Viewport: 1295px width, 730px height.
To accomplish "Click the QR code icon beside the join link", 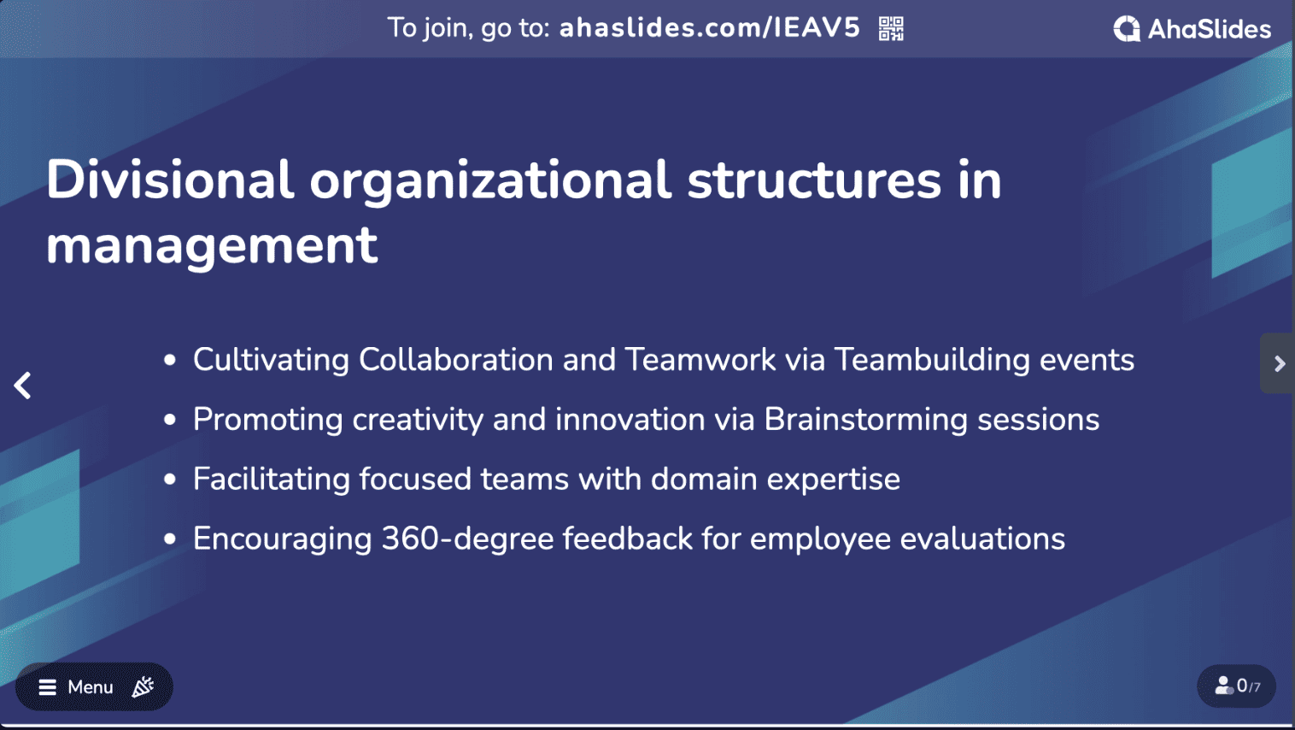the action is pyautogui.click(x=891, y=28).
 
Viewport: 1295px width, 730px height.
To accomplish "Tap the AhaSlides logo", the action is pyautogui.click(x=1192, y=29).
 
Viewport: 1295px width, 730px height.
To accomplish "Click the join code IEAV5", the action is pyautogui.click(x=817, y=27).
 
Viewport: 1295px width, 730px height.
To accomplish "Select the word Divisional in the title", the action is pyautogui.click(x=170, y=180).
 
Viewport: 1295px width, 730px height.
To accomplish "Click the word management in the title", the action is pyautogui.click(x=212, y=246).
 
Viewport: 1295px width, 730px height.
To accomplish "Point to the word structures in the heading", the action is pyautogui.click(x=814, y=180).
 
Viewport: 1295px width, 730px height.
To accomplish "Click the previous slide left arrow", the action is pyautogui.click(x=22, y=386).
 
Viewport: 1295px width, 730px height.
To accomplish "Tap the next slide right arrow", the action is pyautogui.click(x=1279, y=363).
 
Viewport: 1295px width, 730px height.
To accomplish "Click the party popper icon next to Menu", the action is pyautogui.click(x=143, y=686).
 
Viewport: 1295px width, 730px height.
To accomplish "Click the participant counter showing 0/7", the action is pyautogui.click(x=1237, y=686).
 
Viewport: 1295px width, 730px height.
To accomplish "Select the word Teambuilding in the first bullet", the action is pyautogui.click(x=932, y=361).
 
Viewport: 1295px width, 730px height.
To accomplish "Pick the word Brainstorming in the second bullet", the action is pyautogui.click(x=866, y=421).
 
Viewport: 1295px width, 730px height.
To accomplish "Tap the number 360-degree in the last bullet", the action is pyautogui.click(x=467, y=539).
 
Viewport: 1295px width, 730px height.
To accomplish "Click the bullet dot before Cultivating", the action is pyautogui.click(x=169, y=361).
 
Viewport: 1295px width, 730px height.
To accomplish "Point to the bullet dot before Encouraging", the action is pyautogui.click(x=169, y=539).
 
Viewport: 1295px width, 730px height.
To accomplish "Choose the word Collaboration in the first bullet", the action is pyautogui.click(x=456, y=360).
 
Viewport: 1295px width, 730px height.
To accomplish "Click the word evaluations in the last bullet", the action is pyautogui.click(x=982, y=539).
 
